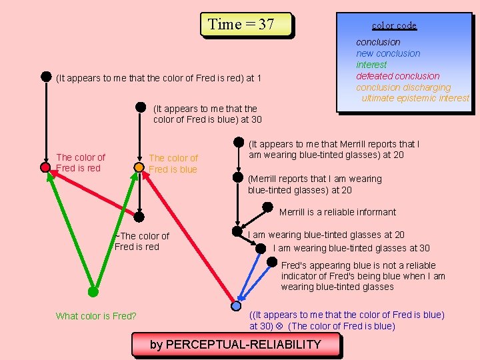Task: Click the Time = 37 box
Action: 246,25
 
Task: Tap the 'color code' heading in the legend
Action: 394,25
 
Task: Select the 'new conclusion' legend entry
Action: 388,53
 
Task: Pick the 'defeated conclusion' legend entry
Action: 397,76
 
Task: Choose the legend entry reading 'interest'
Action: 371,65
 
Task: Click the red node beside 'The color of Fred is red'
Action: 45,167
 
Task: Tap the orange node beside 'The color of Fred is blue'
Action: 138,167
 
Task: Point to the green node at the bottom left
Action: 93,291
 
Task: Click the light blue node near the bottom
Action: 236,306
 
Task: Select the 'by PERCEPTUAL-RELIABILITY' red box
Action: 235,345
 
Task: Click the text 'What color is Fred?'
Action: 96,316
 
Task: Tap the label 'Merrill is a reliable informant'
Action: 337,212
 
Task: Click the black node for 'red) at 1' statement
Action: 46,77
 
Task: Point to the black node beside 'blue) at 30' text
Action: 141,106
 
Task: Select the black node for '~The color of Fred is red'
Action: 139,217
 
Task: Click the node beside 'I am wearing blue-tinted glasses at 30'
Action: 261,248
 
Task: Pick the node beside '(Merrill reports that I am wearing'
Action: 237,177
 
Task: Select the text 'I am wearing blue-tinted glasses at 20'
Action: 326,235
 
